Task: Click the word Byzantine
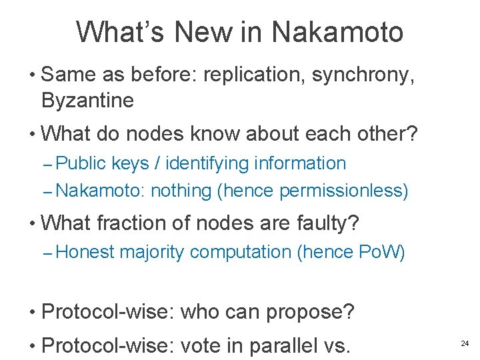87,101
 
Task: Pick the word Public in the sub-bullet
83,163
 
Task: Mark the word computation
240,252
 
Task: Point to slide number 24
465,343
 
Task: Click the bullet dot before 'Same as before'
32,76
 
